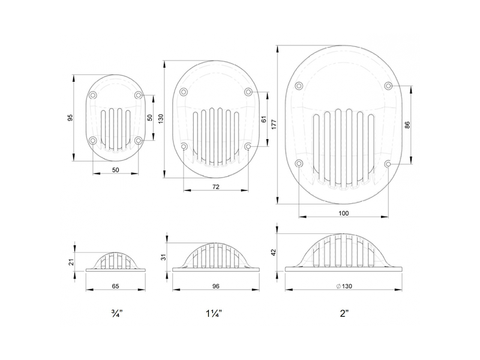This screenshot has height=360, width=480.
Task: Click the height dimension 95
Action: click(x=70, y=118)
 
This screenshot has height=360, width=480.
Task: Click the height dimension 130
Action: click(x=160, y=119)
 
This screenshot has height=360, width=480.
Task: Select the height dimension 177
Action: click(x=273, y=124)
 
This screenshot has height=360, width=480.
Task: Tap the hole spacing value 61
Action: click(x=264, y=119)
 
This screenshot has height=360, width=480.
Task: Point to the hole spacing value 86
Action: click(x=407, y=124)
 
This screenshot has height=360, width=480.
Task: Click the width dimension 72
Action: click(x=216, y=187)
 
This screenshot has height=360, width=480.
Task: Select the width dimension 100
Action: click(x=343, y=213)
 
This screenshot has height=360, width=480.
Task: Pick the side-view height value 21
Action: click(x=70, y=262)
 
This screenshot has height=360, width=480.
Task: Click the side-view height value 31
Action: click(x=163, y=257)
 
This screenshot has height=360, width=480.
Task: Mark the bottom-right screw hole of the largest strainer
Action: click(x=389, y=163)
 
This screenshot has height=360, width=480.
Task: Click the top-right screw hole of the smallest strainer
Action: click(x=139, y=95)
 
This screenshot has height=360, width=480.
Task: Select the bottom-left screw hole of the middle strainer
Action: click(x=184, y=146)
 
